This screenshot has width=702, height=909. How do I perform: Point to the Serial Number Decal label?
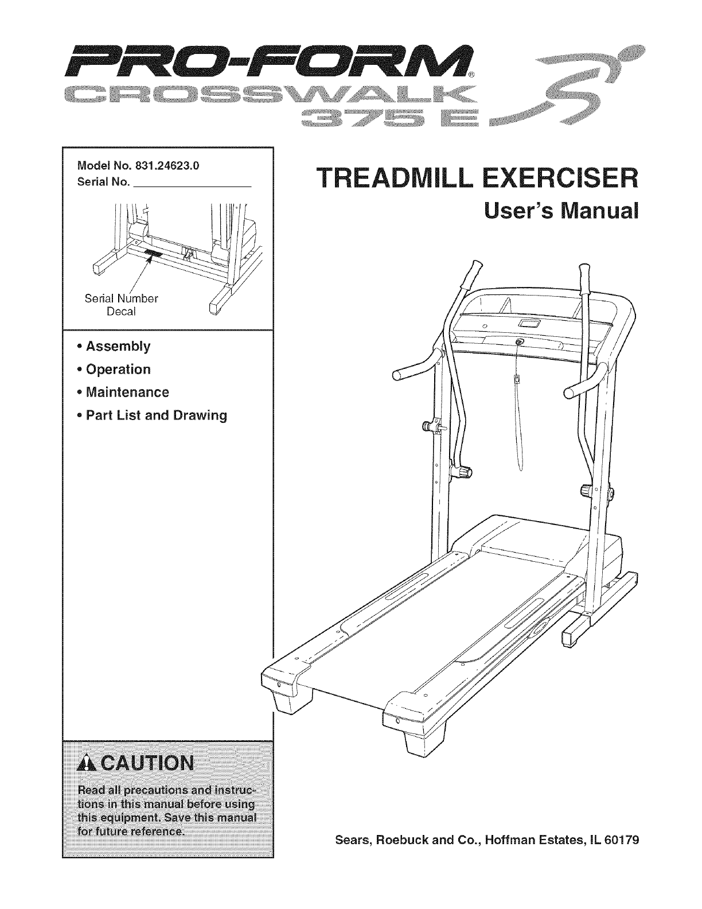[120, 305]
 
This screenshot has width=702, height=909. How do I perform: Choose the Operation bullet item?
[118, 370]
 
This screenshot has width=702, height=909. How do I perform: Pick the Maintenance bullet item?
[127, 393]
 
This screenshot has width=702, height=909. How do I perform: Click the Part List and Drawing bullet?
[156, 415]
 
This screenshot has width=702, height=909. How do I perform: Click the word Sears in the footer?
[352, 841]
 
